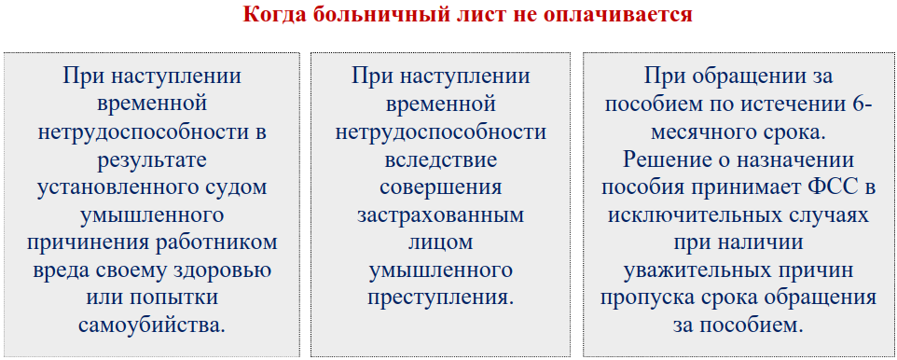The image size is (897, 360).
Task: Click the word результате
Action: click(153, 159)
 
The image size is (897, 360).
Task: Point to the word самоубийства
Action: click(153, 325)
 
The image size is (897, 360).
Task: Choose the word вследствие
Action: click(441, 159)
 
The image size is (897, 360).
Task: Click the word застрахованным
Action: click(441, 215)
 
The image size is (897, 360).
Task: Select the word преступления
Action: click(441, 298)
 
